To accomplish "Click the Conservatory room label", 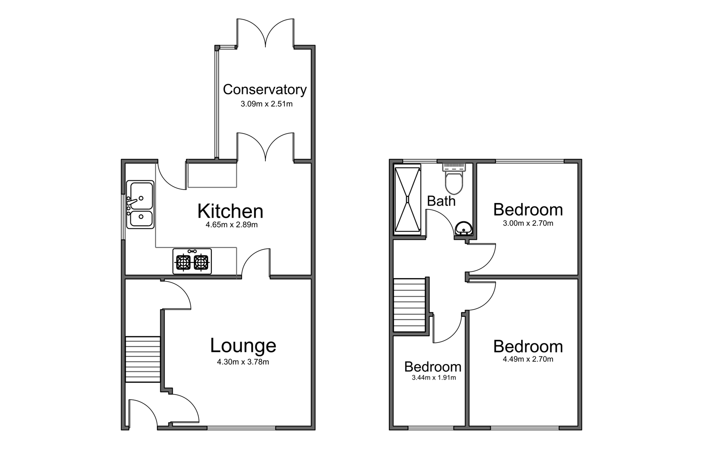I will [x=265, y=89].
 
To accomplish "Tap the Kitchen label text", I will [x=230, y=211].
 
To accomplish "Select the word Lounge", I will [x=243, y=345].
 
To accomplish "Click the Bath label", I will [x=441, y=201].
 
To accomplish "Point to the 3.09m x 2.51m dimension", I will [x=266, y=104].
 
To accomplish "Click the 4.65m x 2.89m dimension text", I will [x=231, y=225].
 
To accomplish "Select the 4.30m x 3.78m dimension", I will [x=243, y=361].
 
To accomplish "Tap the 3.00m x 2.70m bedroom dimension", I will [x=527, y=223].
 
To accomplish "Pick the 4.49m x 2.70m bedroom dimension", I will [x=527, y=359].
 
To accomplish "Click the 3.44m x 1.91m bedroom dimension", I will [x=433, y=377].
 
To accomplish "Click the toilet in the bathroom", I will [x=454, y=179].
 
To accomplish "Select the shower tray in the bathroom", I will [x=407, y=199].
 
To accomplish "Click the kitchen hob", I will [x=192, y=262].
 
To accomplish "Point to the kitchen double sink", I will [x=140, y=205].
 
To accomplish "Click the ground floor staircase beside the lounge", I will [x=143, y=359].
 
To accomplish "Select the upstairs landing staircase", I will [x=409, y=305].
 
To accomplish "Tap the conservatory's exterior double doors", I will [x=265, y=33].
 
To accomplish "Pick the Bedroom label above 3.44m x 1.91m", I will [x=432, y=367].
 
